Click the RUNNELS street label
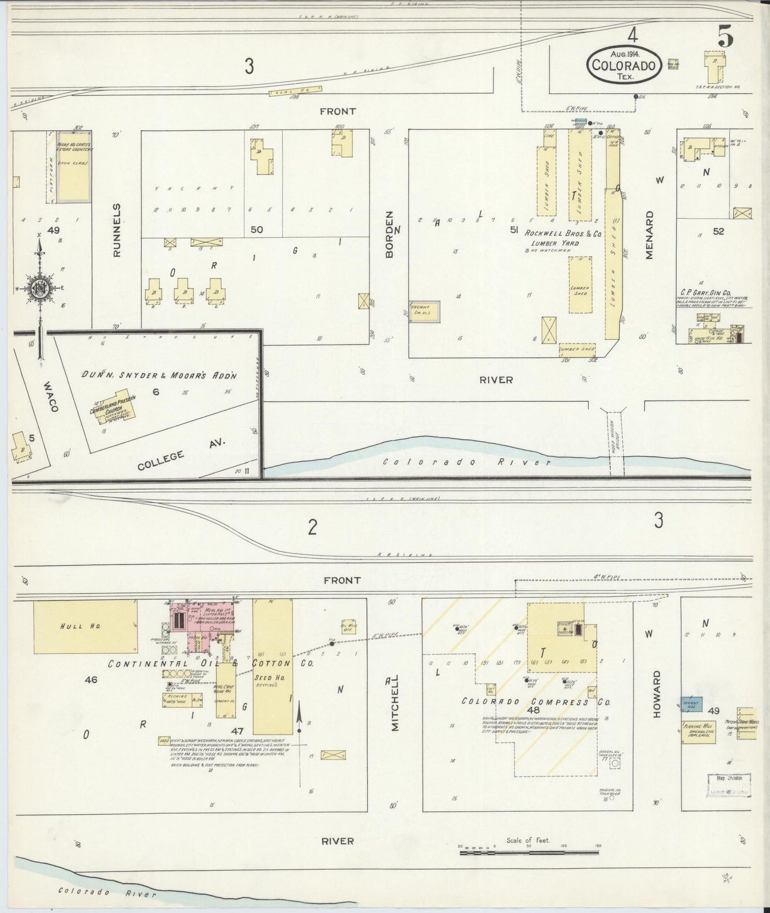(x=117, y=230)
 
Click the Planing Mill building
(x=698, y=732)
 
